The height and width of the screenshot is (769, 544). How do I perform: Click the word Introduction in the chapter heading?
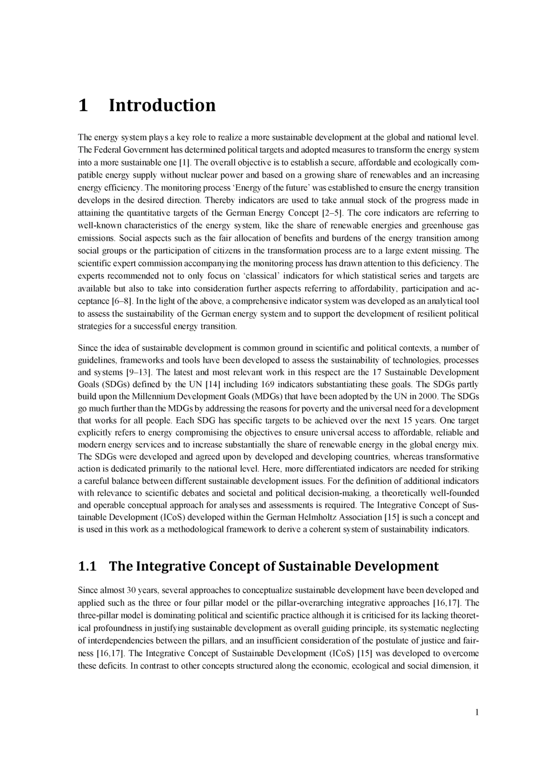pos(162,105)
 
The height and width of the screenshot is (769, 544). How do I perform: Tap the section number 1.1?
pos(88,566)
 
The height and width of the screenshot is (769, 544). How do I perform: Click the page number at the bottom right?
pos(477,712)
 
